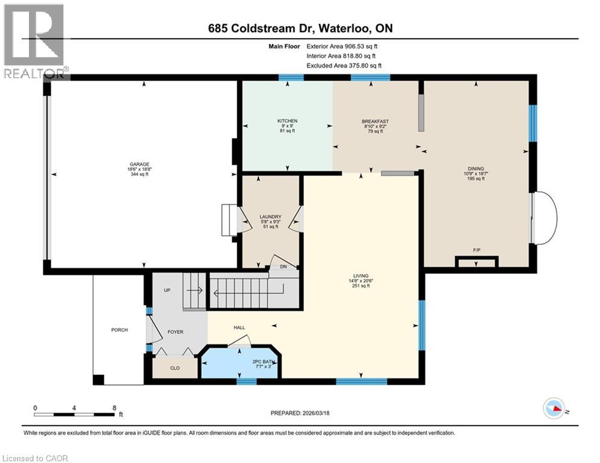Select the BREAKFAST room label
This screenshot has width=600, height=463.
375,121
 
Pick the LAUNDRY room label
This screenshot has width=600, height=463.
270,216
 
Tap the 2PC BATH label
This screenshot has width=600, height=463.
264,361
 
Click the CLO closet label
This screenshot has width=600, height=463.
175,367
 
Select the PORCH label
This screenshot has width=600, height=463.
119,330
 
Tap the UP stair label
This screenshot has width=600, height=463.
168,290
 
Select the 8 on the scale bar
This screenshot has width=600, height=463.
114,408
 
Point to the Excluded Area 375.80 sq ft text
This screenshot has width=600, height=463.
344,66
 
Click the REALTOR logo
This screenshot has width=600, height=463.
34,40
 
